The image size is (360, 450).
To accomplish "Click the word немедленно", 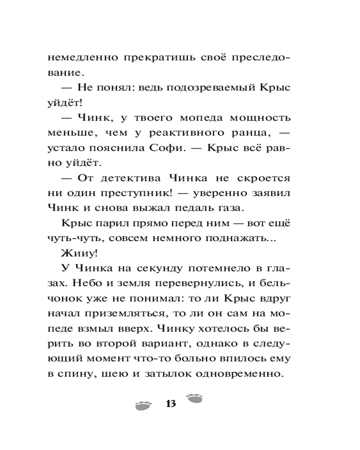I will point(77,58).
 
